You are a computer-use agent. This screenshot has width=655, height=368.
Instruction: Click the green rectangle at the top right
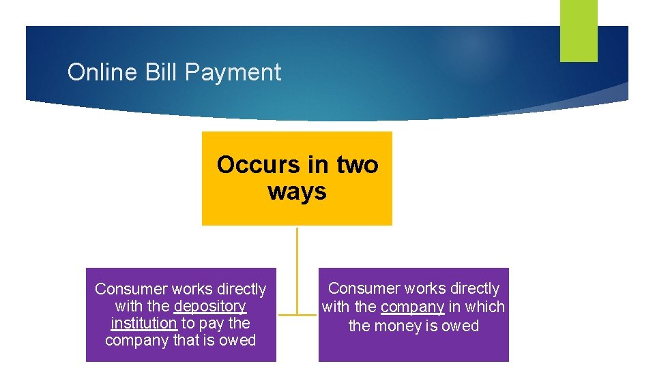579,30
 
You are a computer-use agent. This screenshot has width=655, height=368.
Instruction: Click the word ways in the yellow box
297,191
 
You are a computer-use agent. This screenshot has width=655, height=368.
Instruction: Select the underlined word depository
209,307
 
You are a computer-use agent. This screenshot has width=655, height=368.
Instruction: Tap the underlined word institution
143,323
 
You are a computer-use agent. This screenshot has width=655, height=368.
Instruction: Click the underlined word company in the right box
412,307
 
